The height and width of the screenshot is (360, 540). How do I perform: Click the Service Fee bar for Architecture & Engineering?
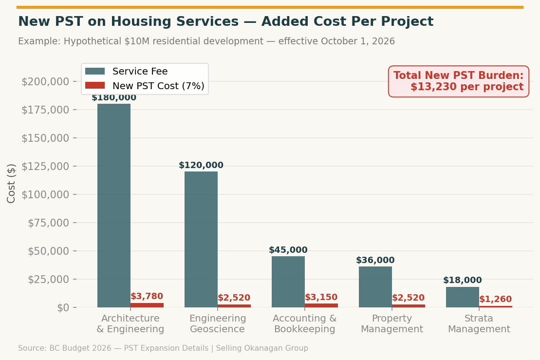click(x=114, y=205)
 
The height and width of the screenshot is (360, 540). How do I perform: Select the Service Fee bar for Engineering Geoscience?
click(x=201, y=239)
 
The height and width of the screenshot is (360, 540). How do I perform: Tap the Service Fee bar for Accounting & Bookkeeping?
click(x=288, y=282)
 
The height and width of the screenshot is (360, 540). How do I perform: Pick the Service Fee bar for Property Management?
click(x=375, y=286)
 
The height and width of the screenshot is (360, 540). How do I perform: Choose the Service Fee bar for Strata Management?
click(x=463, y=297)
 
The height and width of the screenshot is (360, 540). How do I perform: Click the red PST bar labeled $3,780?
click(x=147, y=305)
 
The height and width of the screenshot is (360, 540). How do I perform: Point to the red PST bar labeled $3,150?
click(x=321, y=305)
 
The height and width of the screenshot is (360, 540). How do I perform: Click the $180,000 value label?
click(x=114, y=97)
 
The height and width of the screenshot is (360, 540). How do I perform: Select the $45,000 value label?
click(x=288, y=250)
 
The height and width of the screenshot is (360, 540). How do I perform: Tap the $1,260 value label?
click(x=495, y=299)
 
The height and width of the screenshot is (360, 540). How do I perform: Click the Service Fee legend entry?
click(x=127, y=72)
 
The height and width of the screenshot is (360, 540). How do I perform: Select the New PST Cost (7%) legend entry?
click(x=145, y=86)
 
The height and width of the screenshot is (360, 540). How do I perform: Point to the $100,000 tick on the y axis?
click(x=49, y=194)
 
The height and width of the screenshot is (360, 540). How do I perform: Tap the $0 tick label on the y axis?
click(x=63, y=307)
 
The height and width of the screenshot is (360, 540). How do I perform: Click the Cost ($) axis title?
click(x=12, y=183)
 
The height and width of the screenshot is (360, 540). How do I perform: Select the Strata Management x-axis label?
click(x=479, y=324)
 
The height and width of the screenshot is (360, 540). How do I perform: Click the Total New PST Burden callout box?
click(x=458, y=81)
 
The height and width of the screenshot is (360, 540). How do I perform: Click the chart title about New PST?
click(x=225, y=22)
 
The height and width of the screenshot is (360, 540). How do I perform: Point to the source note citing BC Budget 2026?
click(x=163, y=348)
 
